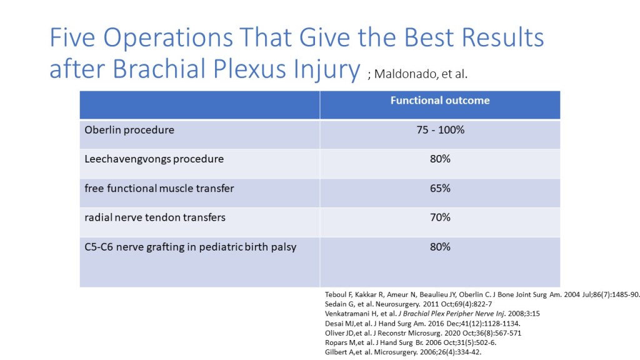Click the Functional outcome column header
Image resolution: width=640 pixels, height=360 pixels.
click(440, 101)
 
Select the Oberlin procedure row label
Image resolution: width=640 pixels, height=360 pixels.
click(129, 130)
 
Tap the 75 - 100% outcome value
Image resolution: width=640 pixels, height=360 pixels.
click(441, 130)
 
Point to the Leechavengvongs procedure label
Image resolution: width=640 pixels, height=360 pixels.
click(154, 159)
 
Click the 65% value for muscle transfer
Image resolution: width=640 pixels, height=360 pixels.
click(440, 188)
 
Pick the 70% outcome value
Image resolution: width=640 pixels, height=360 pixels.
click(440, 217)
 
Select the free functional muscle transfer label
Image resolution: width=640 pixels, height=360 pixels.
click(159, 189)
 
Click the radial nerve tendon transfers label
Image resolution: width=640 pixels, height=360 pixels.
click(155, 217)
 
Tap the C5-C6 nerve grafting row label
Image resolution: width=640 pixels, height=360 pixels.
click(190, 247)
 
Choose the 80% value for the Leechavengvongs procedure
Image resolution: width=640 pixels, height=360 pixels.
click(440, 159)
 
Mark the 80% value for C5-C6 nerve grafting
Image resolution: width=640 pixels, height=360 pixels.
click(440, 247)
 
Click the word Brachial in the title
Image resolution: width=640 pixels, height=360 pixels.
click(159, 68)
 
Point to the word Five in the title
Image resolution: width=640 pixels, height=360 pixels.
click(72, 37)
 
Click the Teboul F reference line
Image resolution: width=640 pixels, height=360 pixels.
click(482, 295)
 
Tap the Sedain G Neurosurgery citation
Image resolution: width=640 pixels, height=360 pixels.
click(408, 304)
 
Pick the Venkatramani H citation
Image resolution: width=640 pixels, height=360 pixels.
click(432, 314)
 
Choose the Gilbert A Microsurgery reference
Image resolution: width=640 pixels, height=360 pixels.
click(403, 352)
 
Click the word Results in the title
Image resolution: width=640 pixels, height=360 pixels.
click(502, 37)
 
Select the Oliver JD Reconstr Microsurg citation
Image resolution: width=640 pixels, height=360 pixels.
click(423, 333)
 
